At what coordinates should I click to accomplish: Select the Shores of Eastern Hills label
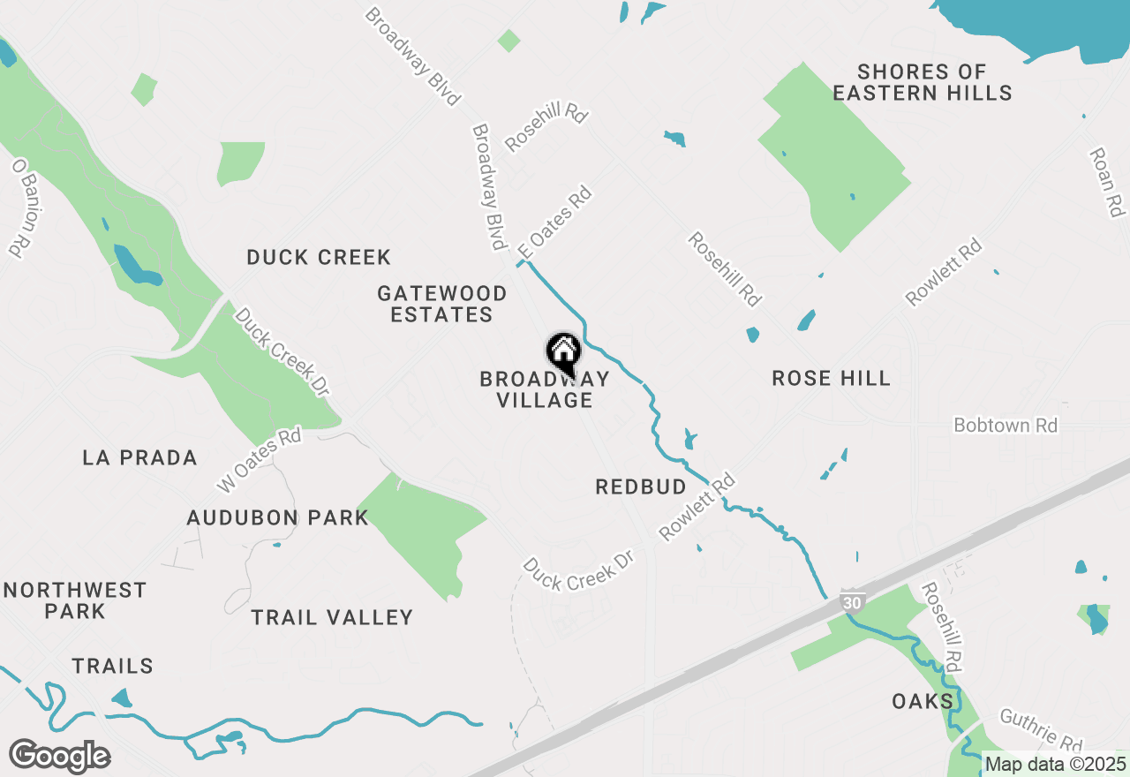922,82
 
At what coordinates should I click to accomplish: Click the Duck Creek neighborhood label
319,258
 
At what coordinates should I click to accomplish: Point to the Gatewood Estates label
441,304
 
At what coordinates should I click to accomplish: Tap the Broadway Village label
544,390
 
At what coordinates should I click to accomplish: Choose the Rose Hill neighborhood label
831,379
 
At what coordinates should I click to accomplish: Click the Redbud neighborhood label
641,487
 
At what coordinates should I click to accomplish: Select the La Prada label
139,458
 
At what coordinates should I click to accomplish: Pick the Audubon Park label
277,518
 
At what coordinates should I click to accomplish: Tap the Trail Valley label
332,618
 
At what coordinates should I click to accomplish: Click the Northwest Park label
74,600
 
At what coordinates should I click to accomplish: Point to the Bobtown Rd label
1006,426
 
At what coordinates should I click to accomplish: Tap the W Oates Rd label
260,460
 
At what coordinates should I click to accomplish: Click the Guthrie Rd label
1042,730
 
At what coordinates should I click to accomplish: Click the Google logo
60,756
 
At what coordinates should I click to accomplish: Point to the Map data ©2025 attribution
1055,765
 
